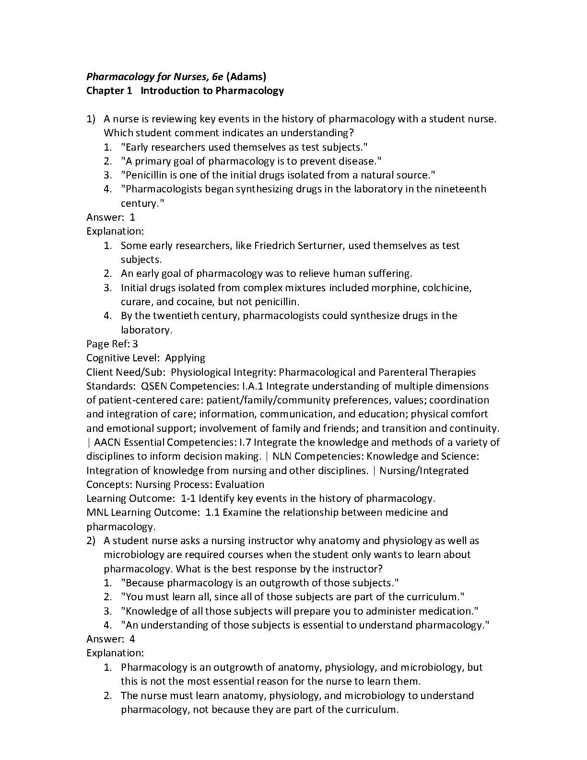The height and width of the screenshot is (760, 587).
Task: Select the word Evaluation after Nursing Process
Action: pos(240,485)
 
